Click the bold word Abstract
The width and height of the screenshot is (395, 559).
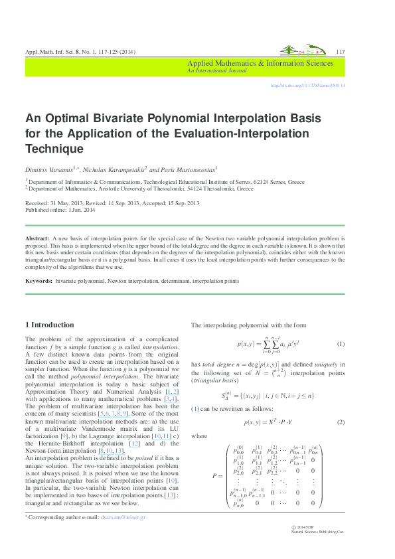(37, 238)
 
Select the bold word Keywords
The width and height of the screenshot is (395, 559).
(39, 281)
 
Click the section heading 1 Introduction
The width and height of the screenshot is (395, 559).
(50, 325)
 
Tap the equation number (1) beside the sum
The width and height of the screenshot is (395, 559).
(341, 344)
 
